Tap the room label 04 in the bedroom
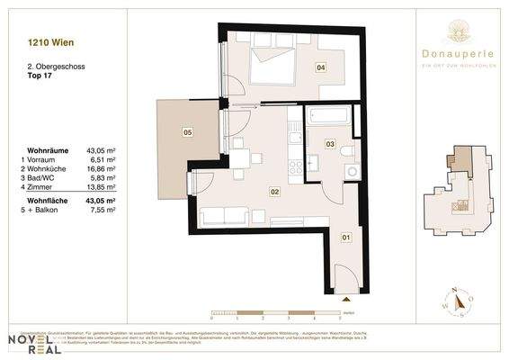(319, 67)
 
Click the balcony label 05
(187, 132)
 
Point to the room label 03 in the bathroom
(330, 144)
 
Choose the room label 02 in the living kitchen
(275, 191)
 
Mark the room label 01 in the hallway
(344, 238)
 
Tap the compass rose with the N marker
(457, 301)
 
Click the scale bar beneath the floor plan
(275, 312)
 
